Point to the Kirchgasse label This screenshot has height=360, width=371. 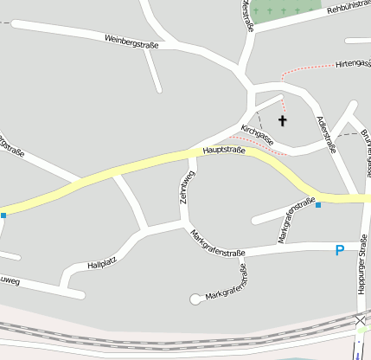click(258, 134)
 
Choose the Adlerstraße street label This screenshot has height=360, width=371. click(326, 135)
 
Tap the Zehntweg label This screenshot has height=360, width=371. click(183, 187)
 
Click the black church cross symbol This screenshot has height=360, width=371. click(282, 120)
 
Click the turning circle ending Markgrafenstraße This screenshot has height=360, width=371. click(195, 299)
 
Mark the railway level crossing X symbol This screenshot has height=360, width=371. click(360, 320)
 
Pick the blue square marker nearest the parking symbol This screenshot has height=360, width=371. click(318, 205)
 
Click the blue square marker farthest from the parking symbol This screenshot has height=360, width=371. click(3, 215)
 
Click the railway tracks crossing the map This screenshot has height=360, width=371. click(173, 331)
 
